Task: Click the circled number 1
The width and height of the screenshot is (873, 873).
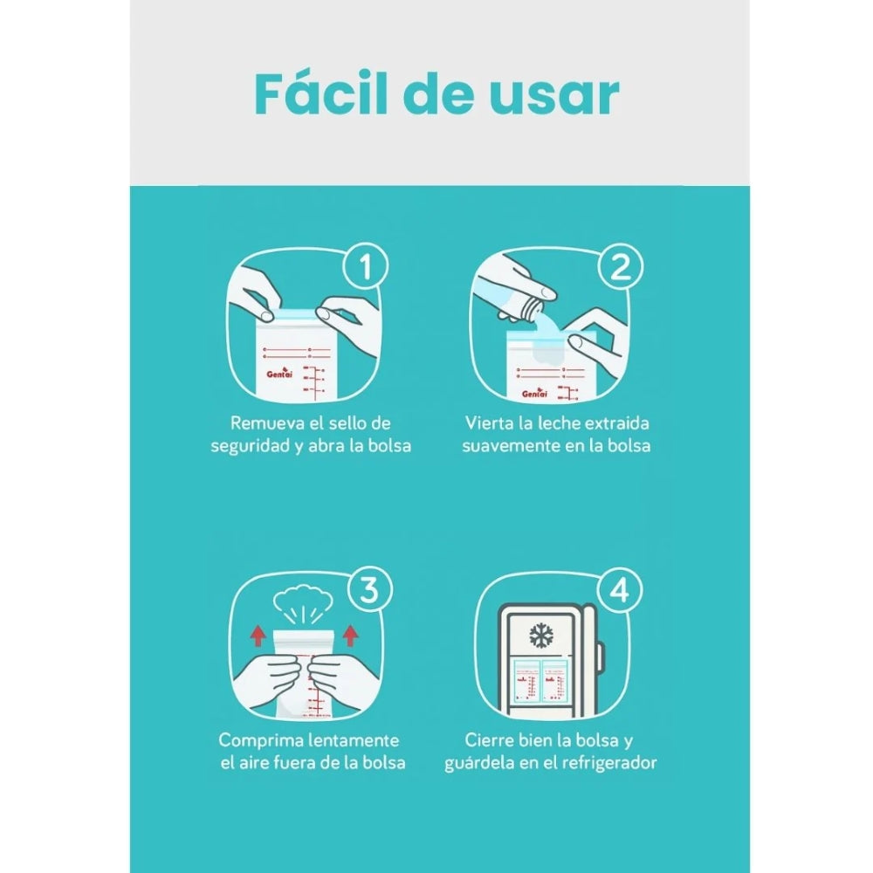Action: pos(366,266)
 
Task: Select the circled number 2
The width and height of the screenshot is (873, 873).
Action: pos(621,266)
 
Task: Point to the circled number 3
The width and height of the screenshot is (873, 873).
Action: pos(369,589)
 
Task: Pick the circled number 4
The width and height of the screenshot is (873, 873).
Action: pos(620,589)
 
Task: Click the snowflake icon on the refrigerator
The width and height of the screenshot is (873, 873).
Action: pos(540,636)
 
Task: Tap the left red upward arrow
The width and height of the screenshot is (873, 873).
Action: pos(258,636)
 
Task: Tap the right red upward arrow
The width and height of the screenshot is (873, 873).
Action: pos(351,636)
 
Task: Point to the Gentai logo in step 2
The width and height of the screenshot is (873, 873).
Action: pos(534,393)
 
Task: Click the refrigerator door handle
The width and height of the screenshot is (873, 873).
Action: pos(600,657)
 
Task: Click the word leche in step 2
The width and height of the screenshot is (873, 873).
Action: pos(554,423)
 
